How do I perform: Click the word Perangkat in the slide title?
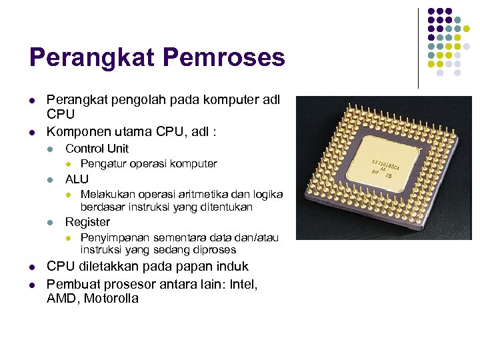tap(90, 58)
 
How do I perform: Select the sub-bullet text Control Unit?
tap(97, 149)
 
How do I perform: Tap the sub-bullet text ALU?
tap(77, 179)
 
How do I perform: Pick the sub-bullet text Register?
tap(87, 222)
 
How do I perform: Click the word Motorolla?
tap(111, 299)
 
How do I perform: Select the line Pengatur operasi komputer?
tap(149, 164)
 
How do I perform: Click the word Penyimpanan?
tap(115, 238)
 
